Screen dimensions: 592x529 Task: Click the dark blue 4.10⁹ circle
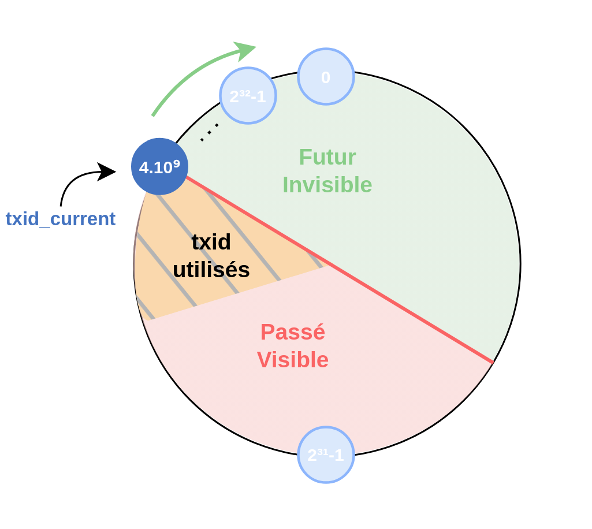coord(160,166)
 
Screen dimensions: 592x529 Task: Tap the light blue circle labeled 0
coord(326,77)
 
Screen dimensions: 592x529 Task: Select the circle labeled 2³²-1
coord(248,95)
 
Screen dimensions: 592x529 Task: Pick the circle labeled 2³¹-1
coord(326,455)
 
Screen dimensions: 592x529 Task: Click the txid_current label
coord(61,219)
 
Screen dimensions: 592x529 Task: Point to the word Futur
coord(327,157)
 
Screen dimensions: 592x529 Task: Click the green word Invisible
coord(327,185)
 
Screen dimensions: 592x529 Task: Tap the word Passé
coord(293,332)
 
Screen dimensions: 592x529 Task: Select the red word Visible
coord(293,360)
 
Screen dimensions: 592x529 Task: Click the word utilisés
coord(211,270)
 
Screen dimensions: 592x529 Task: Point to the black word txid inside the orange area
coord(211,242)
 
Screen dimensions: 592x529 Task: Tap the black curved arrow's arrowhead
coord(106,172)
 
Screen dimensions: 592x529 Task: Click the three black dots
coord(210,132)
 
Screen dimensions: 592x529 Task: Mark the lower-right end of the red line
coord(493,363)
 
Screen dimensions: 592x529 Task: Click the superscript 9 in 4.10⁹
coord(176,163)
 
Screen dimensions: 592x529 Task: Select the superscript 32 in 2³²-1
coord(245,92)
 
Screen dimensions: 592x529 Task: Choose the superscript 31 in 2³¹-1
coord(323,452)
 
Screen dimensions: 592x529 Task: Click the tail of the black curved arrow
coord(61,206)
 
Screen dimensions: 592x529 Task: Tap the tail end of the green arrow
coord(152,116)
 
